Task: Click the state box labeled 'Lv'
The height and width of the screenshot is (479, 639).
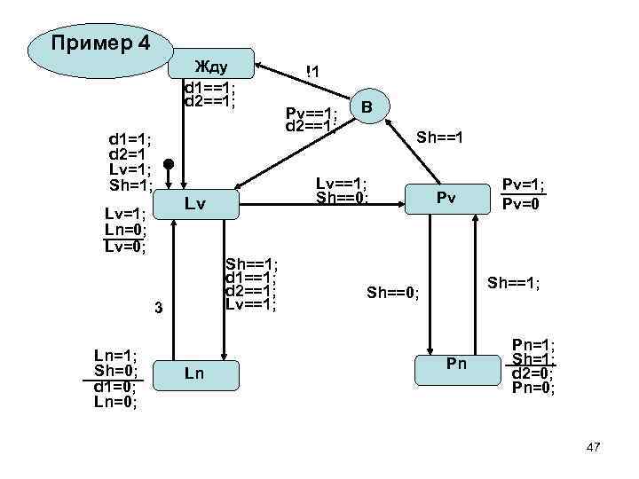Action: pos(195,205)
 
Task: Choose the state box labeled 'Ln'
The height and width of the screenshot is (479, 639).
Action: pos(194,373)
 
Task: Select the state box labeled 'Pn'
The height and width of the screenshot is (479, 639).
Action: pos(456,365)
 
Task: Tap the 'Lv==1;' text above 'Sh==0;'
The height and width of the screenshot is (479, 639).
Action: pos(342,184)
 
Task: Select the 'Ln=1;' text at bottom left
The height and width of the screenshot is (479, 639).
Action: pos(115,355)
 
